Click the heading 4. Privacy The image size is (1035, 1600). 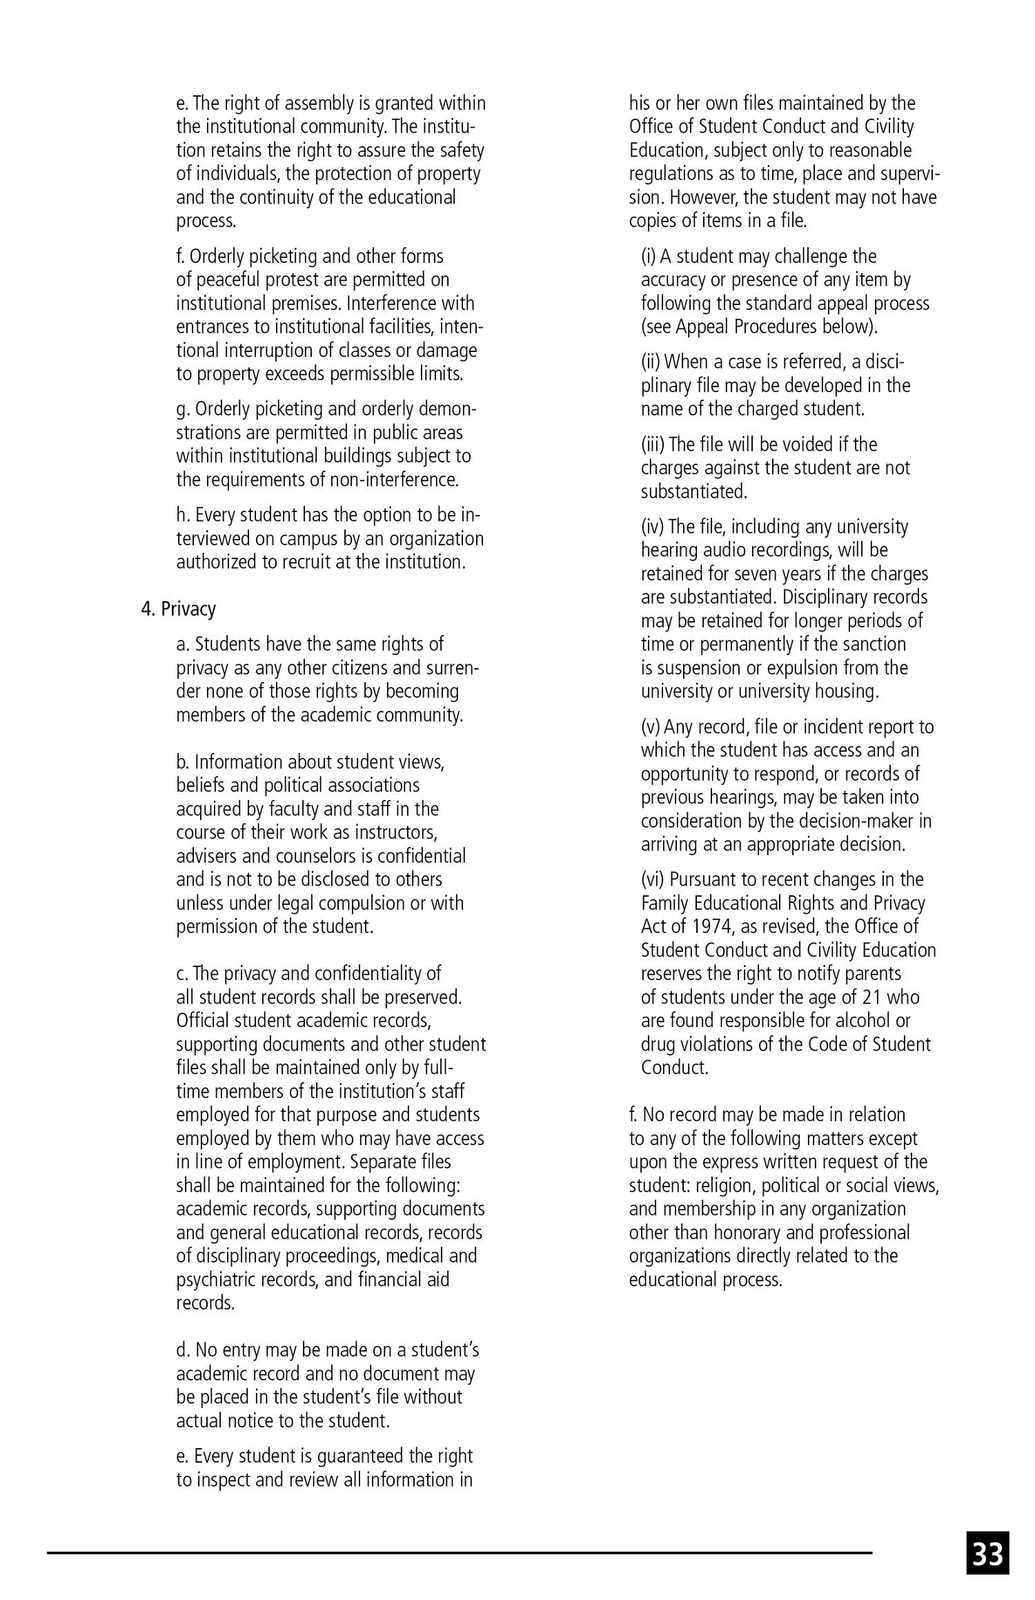click(x=179, y=609)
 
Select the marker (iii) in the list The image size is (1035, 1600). click(x=653, y=444)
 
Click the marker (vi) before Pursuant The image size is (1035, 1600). click(x=653, y=879)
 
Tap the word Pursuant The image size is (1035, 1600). click(x=705, y=879)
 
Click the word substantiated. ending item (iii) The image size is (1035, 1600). click(x=693, y=491)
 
